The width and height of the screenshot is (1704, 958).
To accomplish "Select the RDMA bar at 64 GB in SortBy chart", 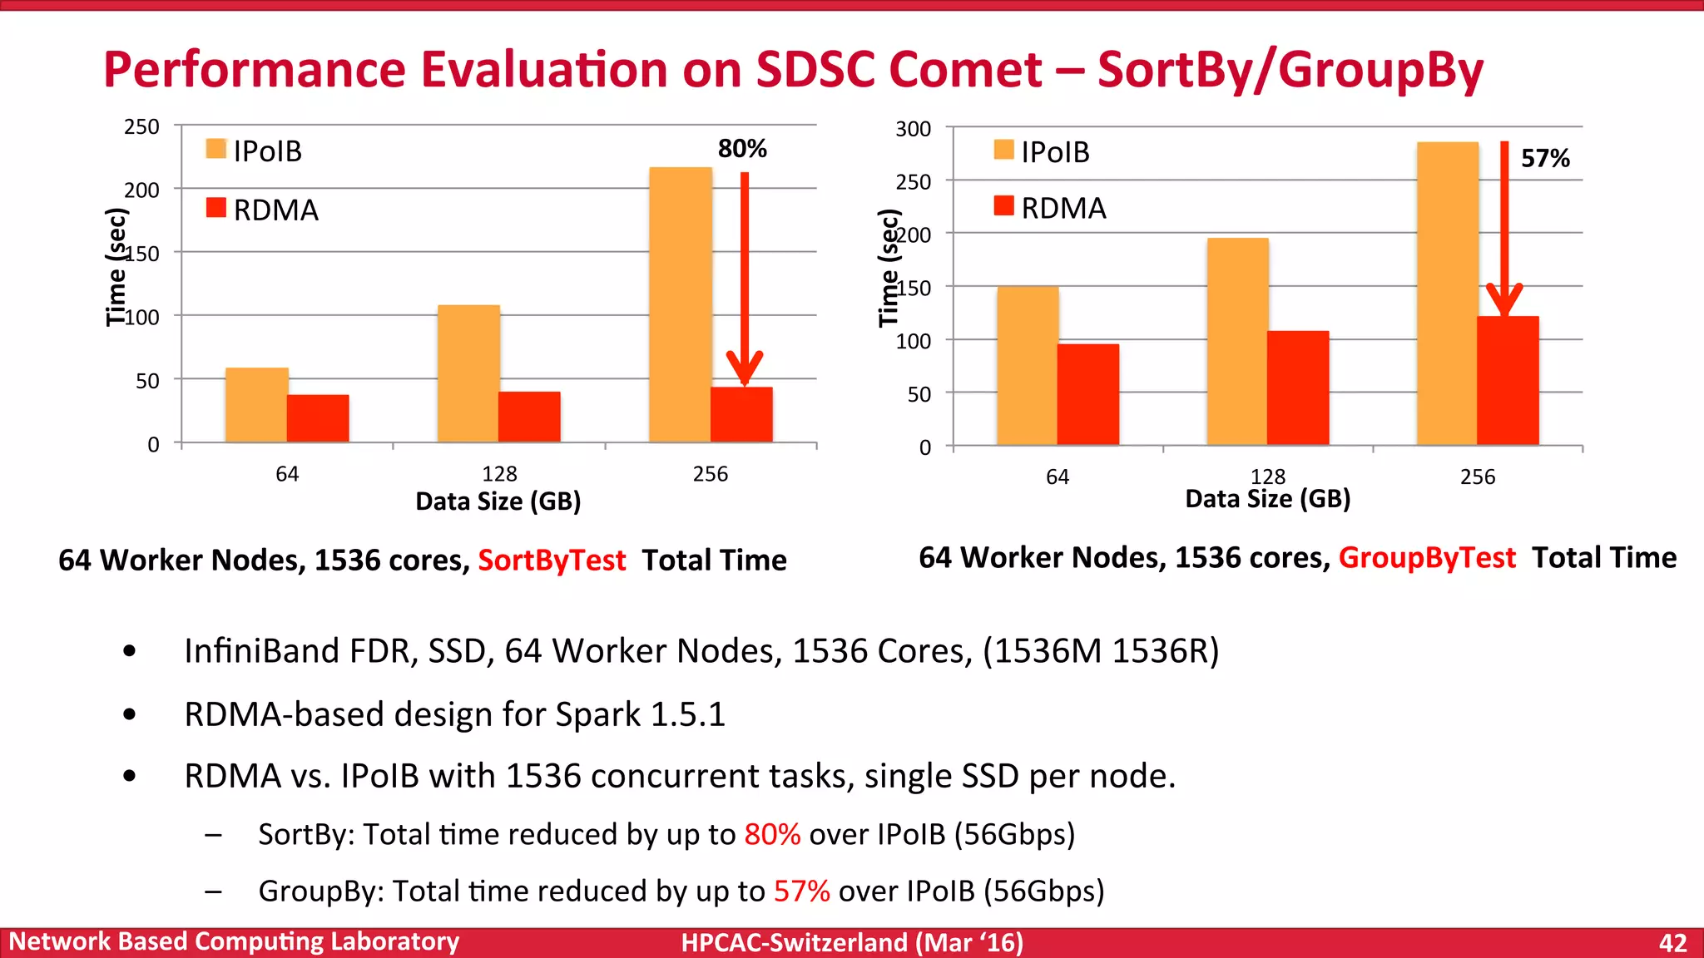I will pos(318,418).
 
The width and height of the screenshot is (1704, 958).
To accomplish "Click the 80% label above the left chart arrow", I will pos(742,149).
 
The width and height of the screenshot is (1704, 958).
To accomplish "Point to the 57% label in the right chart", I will pos(1545,158).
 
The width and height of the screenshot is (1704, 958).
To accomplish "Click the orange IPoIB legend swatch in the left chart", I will pos(216,149).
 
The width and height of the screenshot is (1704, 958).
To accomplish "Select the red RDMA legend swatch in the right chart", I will pos(1004,205).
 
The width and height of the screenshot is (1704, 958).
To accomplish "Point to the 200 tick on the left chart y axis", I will pos(141,190).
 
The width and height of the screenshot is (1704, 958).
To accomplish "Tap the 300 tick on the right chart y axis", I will pos(913,129).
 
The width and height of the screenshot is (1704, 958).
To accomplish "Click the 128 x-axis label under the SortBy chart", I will pos(499,474).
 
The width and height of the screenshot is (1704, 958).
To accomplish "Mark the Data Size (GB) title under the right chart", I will pos(1267,499).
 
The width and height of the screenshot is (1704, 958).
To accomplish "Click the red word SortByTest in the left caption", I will pos(552,560).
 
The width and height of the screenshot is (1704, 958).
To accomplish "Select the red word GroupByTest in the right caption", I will pos(1427,558).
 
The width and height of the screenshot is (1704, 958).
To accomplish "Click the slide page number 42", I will pos(1672,943).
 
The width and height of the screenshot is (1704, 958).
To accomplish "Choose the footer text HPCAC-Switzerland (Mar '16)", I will pos(852,943).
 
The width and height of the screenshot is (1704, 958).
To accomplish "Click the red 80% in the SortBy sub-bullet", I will pos(772,834).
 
